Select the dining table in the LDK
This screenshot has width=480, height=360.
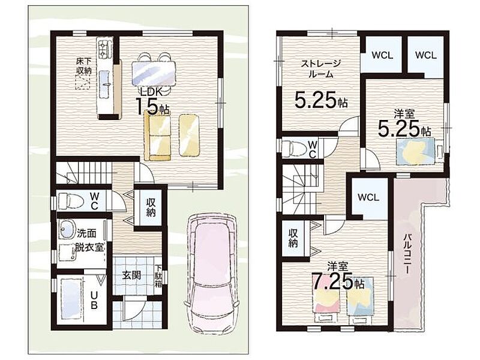coord(154,73)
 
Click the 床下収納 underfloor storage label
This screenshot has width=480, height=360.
coord(84,66)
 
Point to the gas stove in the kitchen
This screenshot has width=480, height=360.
coord(103,49)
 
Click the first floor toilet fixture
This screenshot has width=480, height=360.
coord(71,201)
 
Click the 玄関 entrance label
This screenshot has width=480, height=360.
coord(131,275)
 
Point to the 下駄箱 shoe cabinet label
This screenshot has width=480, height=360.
coord(158,276)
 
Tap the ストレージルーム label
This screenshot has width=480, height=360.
coord(320,68)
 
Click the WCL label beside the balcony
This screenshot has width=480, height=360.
coord(368,197)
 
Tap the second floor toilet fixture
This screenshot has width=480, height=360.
coord(294,148)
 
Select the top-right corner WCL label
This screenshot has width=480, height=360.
coord(426,55)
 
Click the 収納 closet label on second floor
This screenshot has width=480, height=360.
coord(293,238)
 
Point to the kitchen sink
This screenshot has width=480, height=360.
coord(104,80)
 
